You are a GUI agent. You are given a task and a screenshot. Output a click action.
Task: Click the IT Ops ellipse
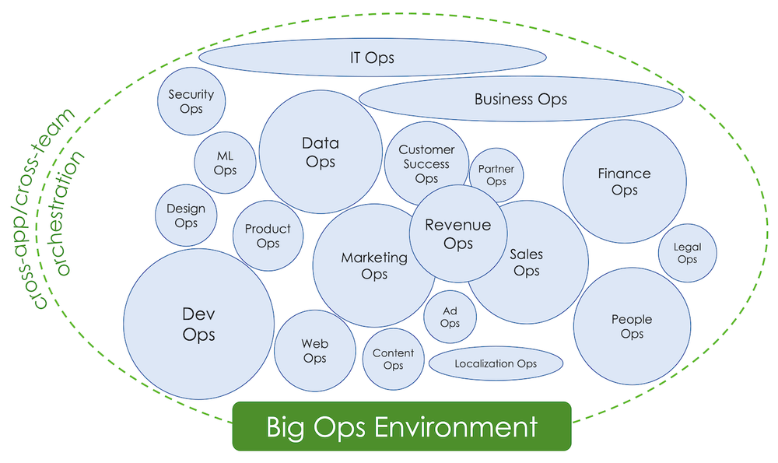pos(372,58)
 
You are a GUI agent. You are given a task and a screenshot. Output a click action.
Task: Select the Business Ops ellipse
pos(520,99)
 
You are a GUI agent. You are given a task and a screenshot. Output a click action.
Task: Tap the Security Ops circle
pos(191,101)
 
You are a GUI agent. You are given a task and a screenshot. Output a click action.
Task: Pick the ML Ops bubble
pos(225,163)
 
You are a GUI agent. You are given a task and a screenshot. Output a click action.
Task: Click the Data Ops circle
pos(321,152)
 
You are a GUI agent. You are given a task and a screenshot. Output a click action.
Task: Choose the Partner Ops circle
pos(496,174)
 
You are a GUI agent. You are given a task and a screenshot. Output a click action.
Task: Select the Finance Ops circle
pos(624,181)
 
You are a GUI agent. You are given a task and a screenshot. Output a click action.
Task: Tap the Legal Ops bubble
pos(687,253)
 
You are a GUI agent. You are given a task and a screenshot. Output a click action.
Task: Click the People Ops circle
pos(632,326)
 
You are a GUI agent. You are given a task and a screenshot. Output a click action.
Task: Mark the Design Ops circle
pos(186,216)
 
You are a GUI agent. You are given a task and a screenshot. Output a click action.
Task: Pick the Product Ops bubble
pos(267,236)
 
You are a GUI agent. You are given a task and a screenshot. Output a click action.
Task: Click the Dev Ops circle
pos(198,324)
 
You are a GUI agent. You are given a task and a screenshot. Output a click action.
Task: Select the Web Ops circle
pos(314,350)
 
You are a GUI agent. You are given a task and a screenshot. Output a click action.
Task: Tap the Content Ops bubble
pos(393,359)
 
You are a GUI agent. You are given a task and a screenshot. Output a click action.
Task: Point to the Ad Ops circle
pos(450,317)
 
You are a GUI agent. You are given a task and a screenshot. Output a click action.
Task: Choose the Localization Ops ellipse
pos(496,363)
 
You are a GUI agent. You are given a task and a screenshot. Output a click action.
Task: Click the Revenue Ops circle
pos(458,233)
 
